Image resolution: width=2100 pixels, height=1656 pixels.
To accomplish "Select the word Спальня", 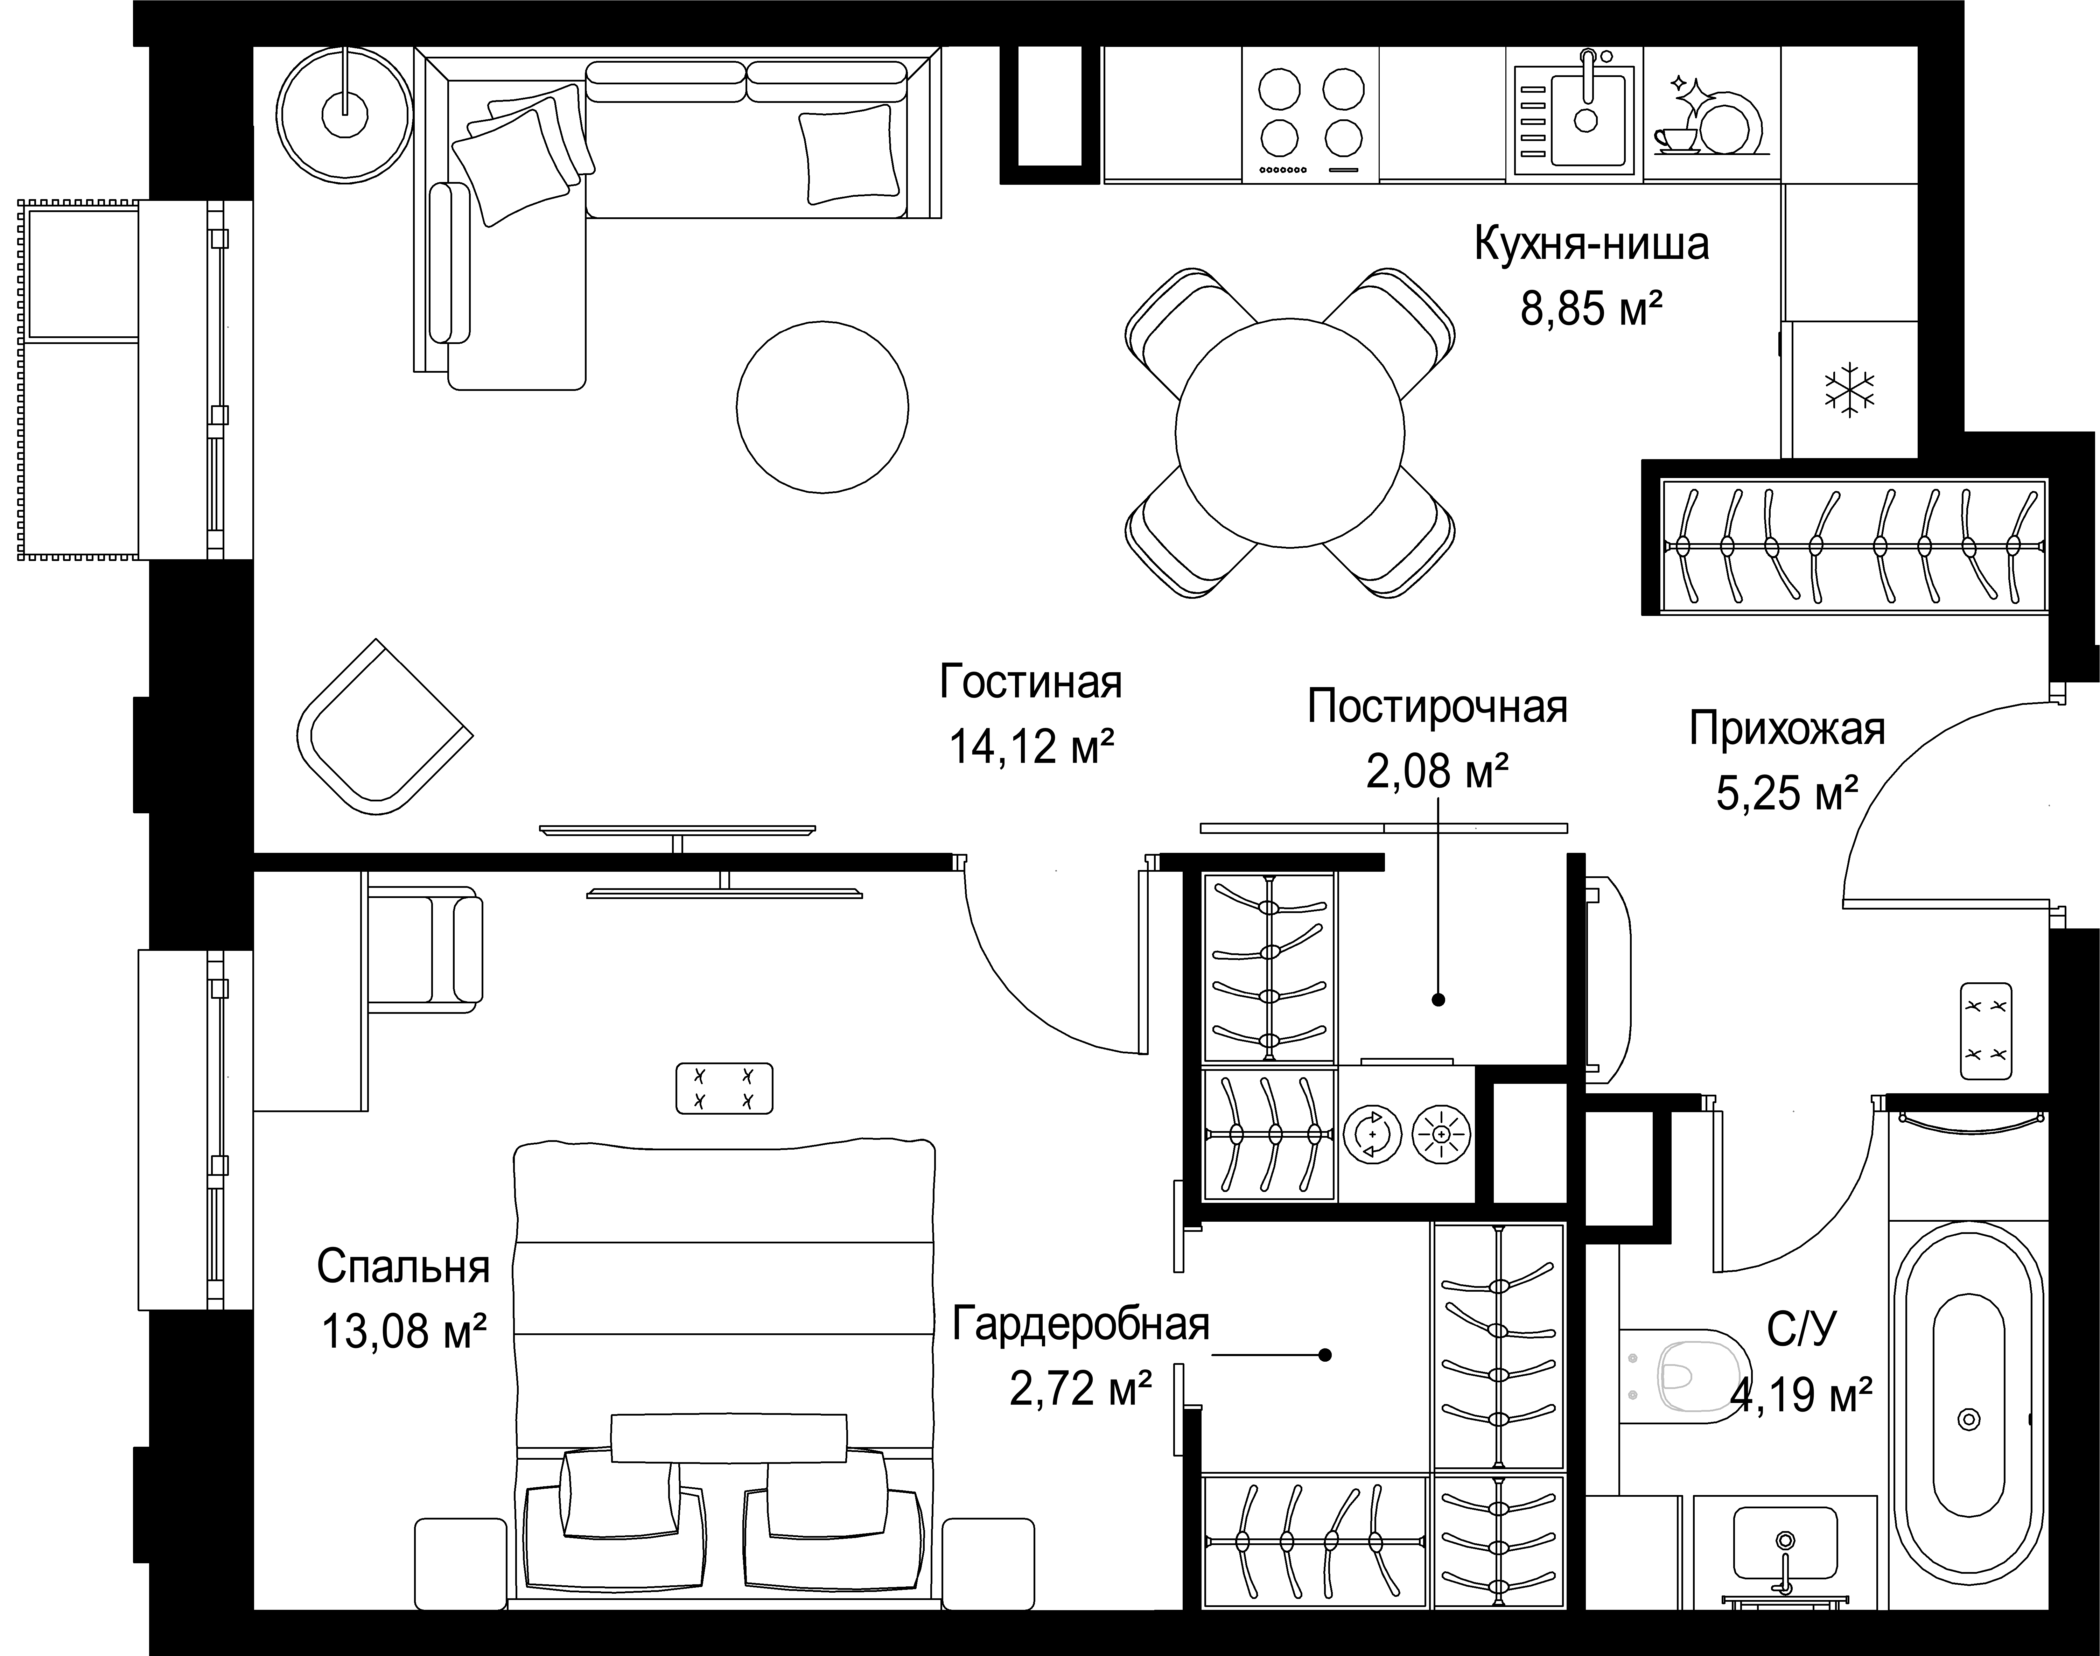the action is tap(403, 1267).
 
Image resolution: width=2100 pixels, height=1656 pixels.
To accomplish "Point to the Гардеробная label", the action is tap(1081, 1324).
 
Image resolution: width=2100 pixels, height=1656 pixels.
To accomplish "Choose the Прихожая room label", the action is tap(1787, 729).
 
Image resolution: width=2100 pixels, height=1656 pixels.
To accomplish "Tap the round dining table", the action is tap(1289, 433).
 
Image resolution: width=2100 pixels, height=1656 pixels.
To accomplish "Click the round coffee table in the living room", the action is tap(822, 407).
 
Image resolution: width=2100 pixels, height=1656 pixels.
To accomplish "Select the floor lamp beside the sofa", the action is tap(345, 112).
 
